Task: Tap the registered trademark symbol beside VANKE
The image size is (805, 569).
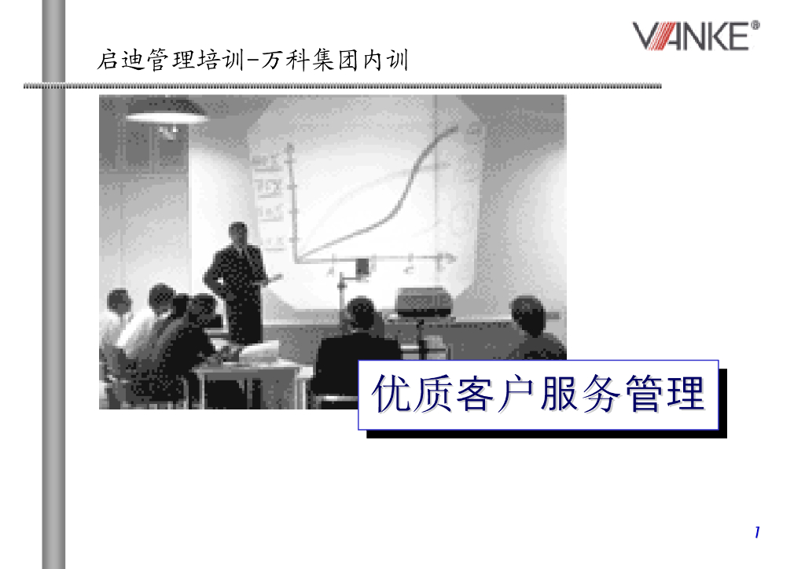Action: [756, 26]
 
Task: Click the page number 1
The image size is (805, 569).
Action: [756, 533]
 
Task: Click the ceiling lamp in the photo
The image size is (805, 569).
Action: [167, 115]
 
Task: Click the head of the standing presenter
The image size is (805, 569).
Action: [238, 233]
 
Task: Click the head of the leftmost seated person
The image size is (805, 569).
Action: [119, 300]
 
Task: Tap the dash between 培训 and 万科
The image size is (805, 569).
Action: [253, 60]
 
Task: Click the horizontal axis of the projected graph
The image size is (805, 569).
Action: [369, 258]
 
